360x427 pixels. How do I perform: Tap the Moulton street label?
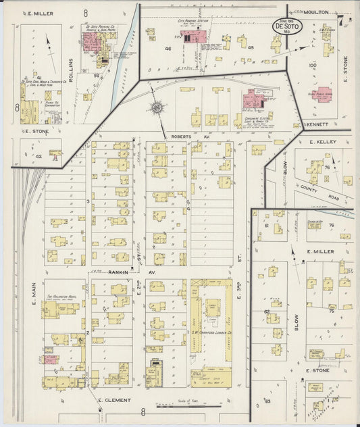[316, 12]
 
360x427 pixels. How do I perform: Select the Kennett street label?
[316, 124]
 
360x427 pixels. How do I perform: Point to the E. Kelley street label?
[322, 142]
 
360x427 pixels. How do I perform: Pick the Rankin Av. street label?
[123, 272]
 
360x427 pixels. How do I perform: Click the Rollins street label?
[70, 70]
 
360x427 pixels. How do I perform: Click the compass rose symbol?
[157, 107]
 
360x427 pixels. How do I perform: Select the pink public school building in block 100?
[322, 94]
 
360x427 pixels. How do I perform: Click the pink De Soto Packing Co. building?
[92, 42]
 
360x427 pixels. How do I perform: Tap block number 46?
[168, 49]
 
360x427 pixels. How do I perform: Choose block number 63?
[267, 400]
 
